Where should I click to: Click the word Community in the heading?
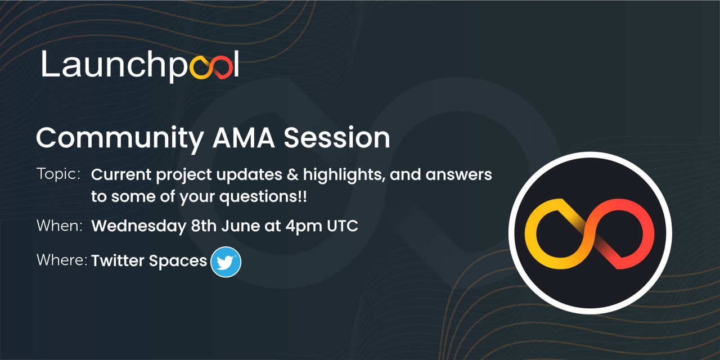pyautogui.click(x=113, y=138)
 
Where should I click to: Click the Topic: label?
pyautogui.click(x=58, y=174)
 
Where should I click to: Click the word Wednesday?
pyautogui.click(x=137, y=226)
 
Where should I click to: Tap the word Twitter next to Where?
pyautogui.click(x=117, y=261)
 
